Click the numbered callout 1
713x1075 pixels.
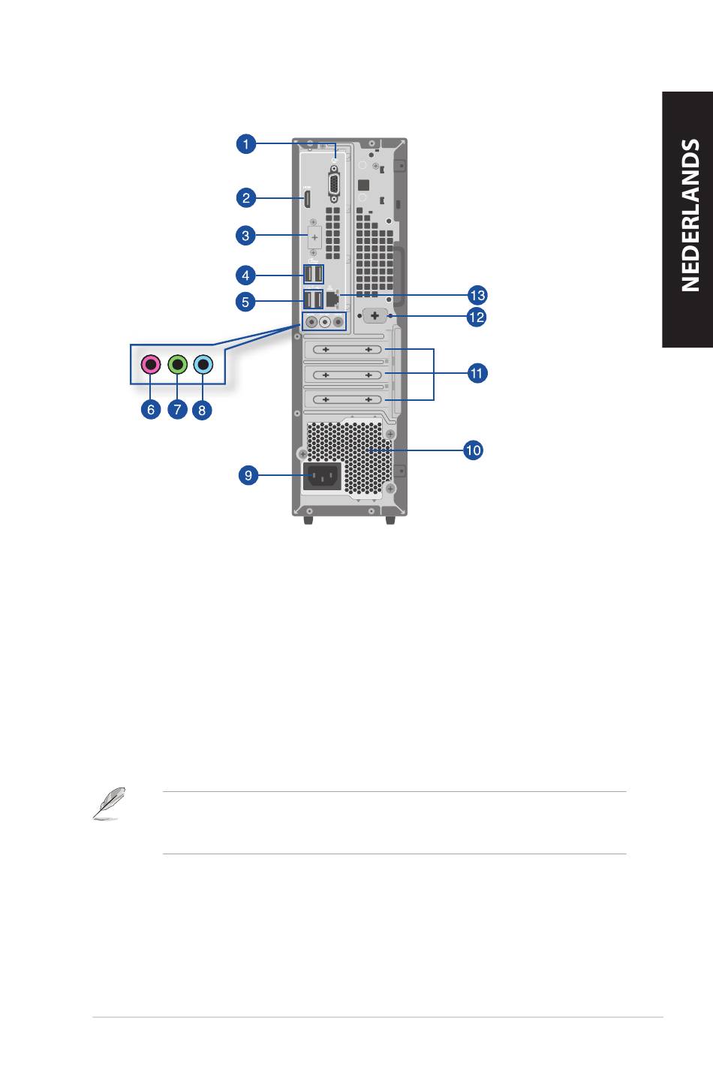pyautogui.click(x=246, y=144)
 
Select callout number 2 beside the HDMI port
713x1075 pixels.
pyautogui.click(x=246, y=197)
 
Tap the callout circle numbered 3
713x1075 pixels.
pyautogui.click(x=245, y=236)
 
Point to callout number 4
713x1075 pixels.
pyautogui.click(x=245, y=276)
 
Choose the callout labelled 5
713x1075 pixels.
pyautogui.click(x=245, y=302)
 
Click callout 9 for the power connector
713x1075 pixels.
pyautogui.click(x=248, y=475)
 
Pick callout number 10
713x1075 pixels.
pyautogui.click(x=473, y=450)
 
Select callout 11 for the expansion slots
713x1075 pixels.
pyautogui.click(x=477, y=373)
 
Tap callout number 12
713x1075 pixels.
pyautogui.click(x=477, y=318)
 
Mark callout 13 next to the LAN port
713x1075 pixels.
pyautogui.click(x=477, y=295)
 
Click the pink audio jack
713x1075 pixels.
pyautogui.click(x=151, y=365)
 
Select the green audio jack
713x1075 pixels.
pyautogui.click(x=178, y=365)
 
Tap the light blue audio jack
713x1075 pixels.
pyautogui.click(x=203, y=365)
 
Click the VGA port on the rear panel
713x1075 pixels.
pyautogui.click(x=333, y=184)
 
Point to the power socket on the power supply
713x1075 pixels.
pyautogui.click(x=322, y=477)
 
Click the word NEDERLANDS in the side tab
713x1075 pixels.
pyautogui.click(x=690, y=215)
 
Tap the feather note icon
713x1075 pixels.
pyautogui.click(x=110, y=804)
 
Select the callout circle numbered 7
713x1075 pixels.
pyautogui.click(x=178, y=410)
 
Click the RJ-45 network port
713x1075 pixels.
pyautogui.click(x=332, y=299)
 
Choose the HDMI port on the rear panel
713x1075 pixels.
pyautogui.click(x=305, y=199)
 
